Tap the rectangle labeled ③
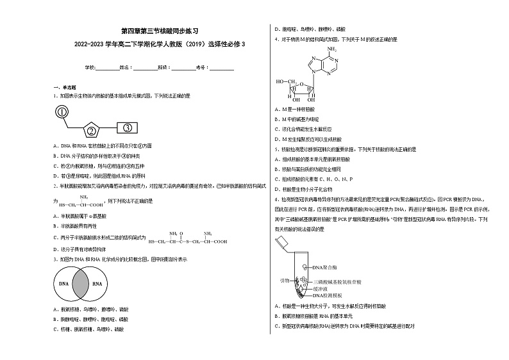coord(128,127)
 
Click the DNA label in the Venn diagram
coord(64,282)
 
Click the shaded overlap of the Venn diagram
coord(81,282)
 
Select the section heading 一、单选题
coord(65,86)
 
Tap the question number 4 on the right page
coord(276,39)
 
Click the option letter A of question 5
coord(276,158)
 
